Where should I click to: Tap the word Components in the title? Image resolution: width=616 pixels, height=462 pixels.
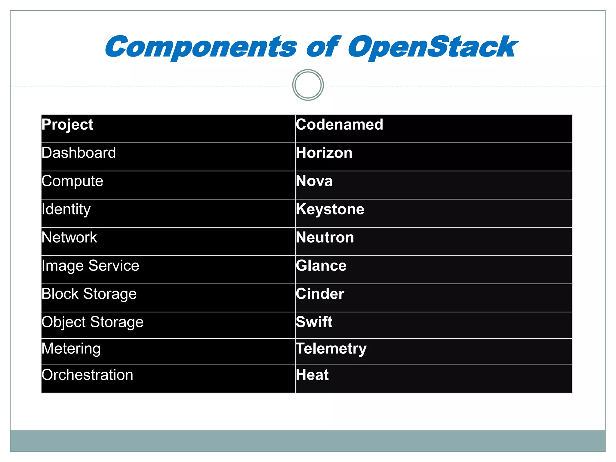coord(201,47)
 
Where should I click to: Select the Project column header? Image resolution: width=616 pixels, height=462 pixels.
coord(67,125)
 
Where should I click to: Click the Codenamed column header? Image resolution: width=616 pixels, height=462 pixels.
coord(339,125)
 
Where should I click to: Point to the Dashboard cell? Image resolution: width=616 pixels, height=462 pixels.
coord(79,153)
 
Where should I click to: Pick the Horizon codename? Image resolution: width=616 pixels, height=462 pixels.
coord(324,153)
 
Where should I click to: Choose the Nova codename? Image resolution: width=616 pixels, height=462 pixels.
coord(314,181)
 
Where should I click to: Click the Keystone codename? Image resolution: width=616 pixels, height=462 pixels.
coord(330,209)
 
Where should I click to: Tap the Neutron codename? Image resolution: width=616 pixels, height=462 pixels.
coord(325,238)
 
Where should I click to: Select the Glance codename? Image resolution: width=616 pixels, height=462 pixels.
coord(321,266)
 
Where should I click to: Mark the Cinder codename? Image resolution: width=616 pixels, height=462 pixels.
coord(320,294)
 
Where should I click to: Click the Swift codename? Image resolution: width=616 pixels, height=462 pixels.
coord(314,322)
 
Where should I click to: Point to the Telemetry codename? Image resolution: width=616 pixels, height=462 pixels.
coord(331,349)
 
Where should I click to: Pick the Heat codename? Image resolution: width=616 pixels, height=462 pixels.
coord(312,375)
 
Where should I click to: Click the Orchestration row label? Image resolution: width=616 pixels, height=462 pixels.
coord(87,375)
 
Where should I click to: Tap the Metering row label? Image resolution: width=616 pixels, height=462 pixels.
coord(71,349)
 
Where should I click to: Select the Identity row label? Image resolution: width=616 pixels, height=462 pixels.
coord(66,209)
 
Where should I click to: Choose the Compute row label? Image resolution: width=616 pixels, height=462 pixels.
coord(72,181)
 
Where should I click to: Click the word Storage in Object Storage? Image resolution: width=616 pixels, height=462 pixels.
coord(117,322)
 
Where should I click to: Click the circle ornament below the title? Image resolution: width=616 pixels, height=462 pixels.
coord(308,85)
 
